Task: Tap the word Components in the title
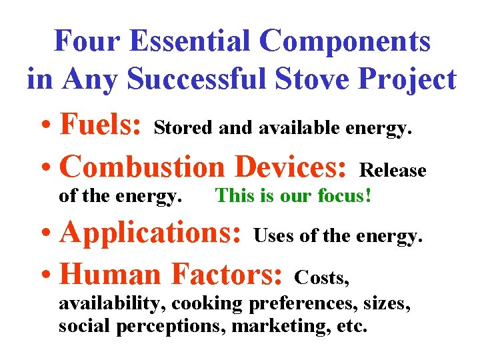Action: tap(346, 41)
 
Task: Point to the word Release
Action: tap(393, 171)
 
